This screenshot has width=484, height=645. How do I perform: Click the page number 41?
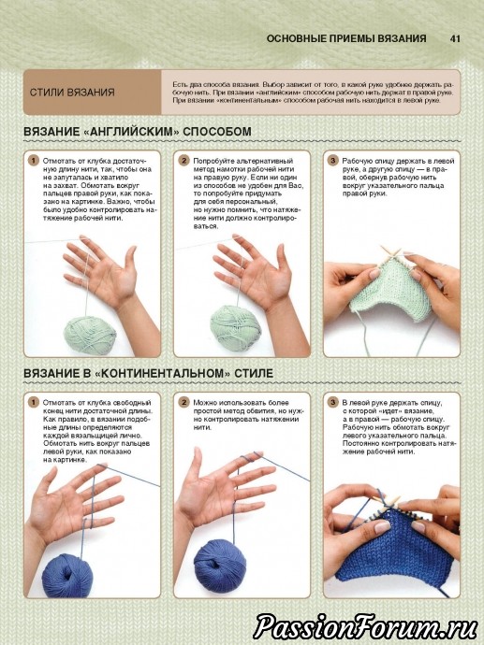click(455, 38)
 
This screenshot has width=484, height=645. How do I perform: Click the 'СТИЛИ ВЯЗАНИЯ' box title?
click(72, 93)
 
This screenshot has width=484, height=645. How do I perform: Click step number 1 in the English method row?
click(34, 161)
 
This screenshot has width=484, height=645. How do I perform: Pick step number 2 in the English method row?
click(183, 161)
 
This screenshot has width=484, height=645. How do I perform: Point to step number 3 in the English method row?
click(333, 161)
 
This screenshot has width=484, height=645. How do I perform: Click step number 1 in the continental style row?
click(34, 402)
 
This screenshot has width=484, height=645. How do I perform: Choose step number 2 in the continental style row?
click(183, 402)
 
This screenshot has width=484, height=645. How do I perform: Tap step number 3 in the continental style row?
click(333, 402)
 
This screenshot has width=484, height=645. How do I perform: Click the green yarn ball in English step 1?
click(89, 334)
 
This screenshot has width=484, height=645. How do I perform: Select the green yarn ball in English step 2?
click(236, 328)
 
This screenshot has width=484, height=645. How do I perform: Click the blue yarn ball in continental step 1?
click(67, 575)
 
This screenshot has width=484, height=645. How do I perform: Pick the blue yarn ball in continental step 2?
click(220, 566)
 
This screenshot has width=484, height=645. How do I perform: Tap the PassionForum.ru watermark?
click(365, 627)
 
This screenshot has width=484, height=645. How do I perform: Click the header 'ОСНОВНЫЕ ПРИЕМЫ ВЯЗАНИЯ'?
click(346, 38)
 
